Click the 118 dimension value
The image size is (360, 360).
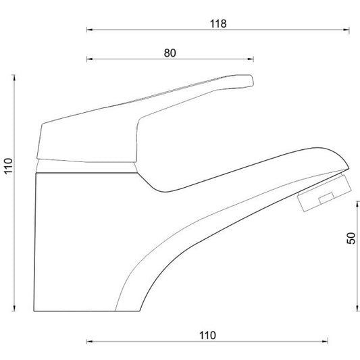coord(218,24)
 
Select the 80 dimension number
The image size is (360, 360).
coord(170,53)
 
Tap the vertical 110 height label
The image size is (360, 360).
coord(9,166)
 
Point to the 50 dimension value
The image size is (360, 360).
coord(351,238)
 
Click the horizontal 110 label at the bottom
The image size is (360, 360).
coord(207,336)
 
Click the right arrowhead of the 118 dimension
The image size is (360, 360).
coord(346,30)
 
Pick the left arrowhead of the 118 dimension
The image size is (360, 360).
coord(90,30)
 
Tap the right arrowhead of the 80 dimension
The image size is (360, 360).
coord(251,59)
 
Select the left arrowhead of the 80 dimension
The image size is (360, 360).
coord(90,59)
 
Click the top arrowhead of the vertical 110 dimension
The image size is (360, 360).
coord(14,78)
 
